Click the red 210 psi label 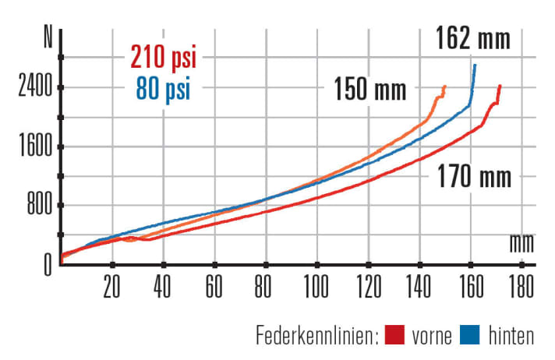point(163,57)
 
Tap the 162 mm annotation point(473,37)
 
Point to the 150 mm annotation point(370,90)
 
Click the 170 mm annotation point(474,177)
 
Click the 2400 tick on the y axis point(34,86)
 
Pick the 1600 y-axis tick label point(34,146)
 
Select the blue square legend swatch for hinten point(471,336)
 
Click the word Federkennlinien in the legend point(316,336)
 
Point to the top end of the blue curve point(475,65)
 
